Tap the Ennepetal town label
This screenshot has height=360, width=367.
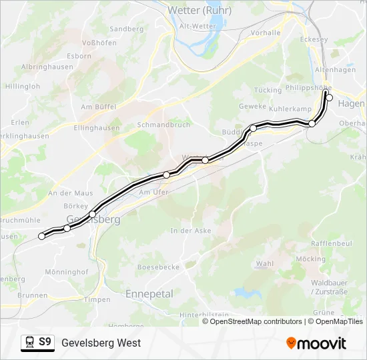pyautogui.click(x=149, y=293)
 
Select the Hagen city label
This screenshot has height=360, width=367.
pyautogui.click(x=352, y=104)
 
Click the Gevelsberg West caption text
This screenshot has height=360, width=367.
pyautogui.click(x=101, y=343)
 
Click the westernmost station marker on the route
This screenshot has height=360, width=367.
pyautogui.click(x=42, y=236)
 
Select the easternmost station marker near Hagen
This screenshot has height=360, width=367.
pyautogui.click(x=329, y=98)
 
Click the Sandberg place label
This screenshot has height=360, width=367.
pyautogui.click(x=127, y=29)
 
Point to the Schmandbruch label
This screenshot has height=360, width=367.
pyautogui.click(x=163, y=125)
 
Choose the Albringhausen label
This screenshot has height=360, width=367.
pyautogui.click(x=47, y=67)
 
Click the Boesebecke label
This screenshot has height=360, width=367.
pyautogui.click(x=158, y=267)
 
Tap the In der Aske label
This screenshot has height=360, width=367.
pyautogui.click(x=191, y=231)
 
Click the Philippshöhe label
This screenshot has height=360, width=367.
pyautogui.click(x=308, y=87)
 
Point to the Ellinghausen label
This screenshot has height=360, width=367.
pyautogui.click(x=97, y=127)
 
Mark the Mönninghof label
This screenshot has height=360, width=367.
pyautogui.click(x=66, y=272)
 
